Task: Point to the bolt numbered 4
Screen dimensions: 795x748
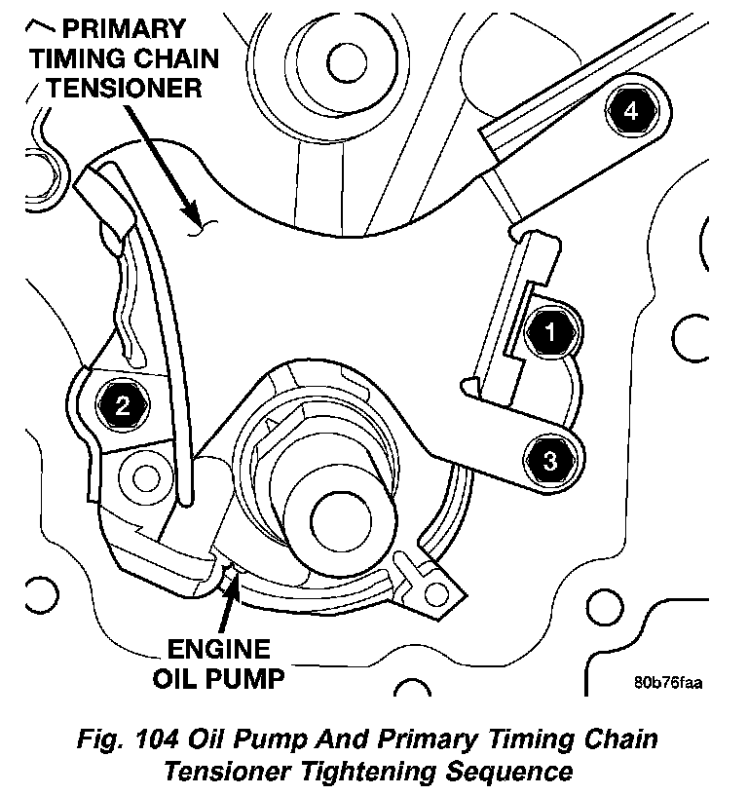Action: [631, 113]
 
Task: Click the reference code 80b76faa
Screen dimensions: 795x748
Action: [667, 682]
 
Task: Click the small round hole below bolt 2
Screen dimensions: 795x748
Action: [146, 477]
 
